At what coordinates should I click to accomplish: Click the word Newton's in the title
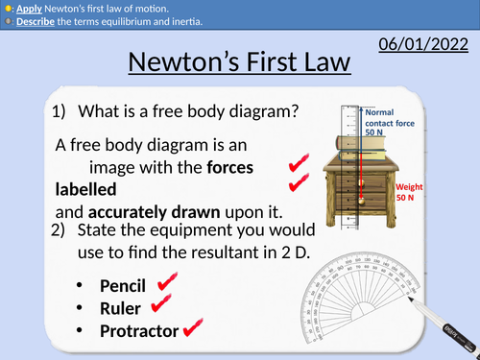[183, 64]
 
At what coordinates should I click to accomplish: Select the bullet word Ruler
[121, 308]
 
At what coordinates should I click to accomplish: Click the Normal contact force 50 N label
[387, 123]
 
